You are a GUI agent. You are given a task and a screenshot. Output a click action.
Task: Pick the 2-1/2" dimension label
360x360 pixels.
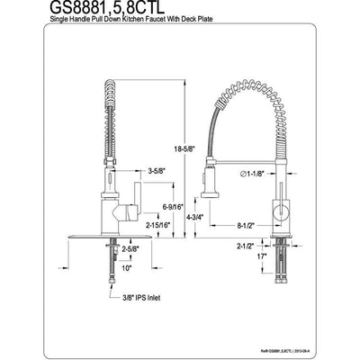tap(246, 243)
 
